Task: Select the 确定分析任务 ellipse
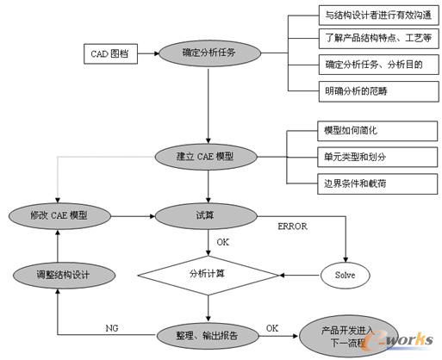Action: coord(208,53)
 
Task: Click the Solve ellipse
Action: coord(344,276)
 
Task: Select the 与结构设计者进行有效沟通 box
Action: coord(364,15)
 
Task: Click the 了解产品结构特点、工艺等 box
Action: coord(364,39)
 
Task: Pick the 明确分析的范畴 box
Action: coord(364,89)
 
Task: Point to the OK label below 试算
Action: coord(222,242)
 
